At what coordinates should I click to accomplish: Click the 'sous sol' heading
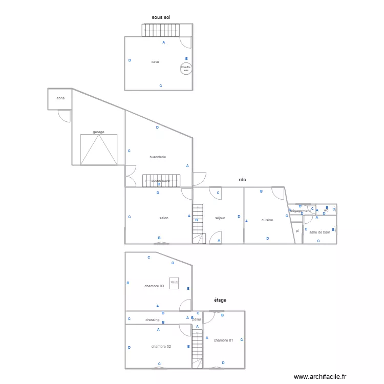161,17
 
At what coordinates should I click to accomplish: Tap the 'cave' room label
155,62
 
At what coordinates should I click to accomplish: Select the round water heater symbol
186,68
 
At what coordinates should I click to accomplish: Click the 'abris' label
60,98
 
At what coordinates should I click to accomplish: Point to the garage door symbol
99,150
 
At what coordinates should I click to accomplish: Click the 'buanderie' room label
158,157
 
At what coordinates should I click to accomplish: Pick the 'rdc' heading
242,180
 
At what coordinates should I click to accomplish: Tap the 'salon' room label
164,218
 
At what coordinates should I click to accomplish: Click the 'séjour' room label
220,218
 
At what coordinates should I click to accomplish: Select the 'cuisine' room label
267,220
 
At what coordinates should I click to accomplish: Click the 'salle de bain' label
319,232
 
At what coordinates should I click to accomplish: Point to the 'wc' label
326,210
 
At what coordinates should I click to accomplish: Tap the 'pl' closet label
297,231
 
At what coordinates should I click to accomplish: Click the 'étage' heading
220,300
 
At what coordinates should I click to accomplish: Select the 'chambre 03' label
154,286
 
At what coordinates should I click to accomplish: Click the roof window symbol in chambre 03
174,282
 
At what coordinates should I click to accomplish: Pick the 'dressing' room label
152,320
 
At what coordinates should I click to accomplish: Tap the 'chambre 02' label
161,347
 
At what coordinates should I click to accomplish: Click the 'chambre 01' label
223,340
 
